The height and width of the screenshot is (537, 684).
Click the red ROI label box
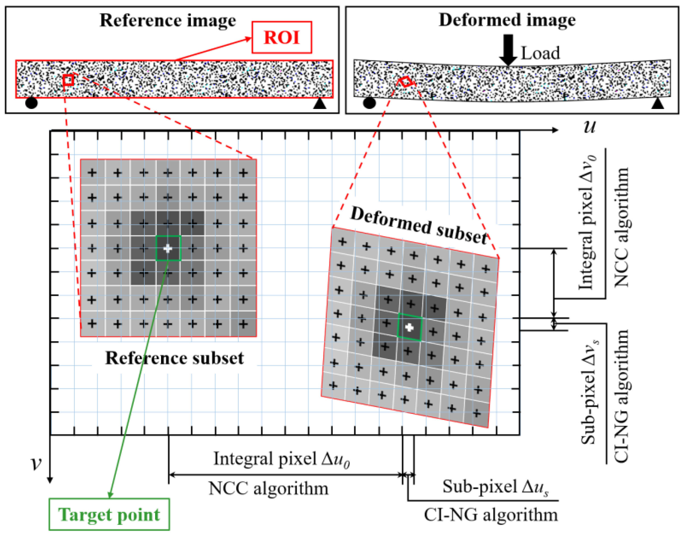coord(281,38)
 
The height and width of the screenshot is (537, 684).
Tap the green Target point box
coord(109,515)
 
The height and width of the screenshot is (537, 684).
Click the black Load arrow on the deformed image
coord(508,50)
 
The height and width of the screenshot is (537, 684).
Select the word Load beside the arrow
coord(540,53)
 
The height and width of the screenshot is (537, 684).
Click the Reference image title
coord(168,20)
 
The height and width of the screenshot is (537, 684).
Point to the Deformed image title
coord(507,20)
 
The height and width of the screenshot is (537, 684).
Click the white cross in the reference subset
coord(168,249)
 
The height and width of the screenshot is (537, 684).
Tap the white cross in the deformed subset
coord(409,328)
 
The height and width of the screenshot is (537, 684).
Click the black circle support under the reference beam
coord(31,103)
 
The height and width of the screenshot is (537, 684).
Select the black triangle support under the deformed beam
coord(658,104)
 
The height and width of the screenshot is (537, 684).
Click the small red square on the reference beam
coord(69,80)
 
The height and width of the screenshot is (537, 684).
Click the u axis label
coord(589,127)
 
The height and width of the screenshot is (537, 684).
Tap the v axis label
coord(36,462)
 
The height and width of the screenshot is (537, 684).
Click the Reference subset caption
coord(174,358)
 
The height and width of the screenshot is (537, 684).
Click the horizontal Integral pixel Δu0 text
coord(281,459)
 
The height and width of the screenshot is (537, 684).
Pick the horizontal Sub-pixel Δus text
coord(495,487)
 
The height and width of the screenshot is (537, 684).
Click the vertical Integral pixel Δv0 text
coord(588,222)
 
